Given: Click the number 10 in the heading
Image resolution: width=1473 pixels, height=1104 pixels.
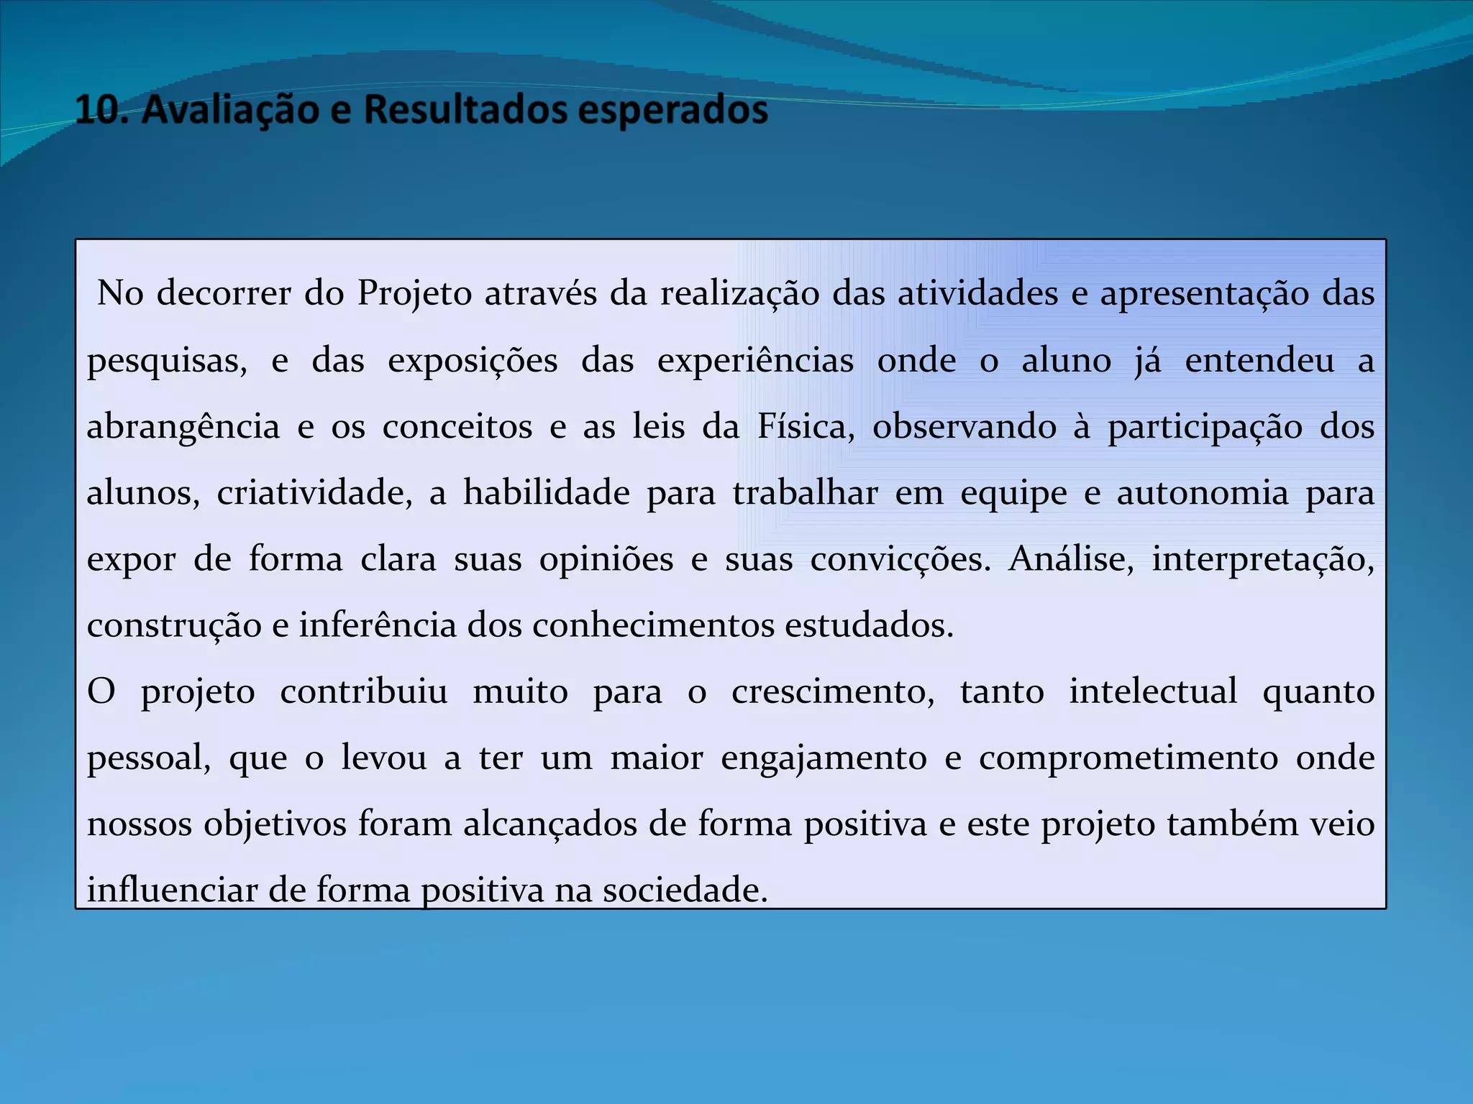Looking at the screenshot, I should (x=98, y=110).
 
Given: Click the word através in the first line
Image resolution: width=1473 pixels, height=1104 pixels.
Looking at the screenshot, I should (x=540, y=293).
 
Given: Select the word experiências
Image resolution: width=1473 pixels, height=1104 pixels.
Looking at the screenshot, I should (x=755, y=359).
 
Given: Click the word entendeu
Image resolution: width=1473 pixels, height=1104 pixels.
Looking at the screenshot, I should (x=1259, y=359).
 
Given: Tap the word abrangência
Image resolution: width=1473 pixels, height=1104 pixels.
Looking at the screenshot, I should (x=183, y=427).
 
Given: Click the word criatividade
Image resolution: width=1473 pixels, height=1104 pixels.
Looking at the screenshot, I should (x=315, y=492).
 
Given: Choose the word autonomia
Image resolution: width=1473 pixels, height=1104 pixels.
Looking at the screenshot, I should (x=1202, y=492).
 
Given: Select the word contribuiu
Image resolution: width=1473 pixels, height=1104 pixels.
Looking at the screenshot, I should (x=364, y=691).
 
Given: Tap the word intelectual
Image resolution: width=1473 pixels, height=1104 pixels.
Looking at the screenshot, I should (x=1153, y=691).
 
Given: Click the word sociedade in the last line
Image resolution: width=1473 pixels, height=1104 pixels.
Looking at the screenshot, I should (x=685, y=890).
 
